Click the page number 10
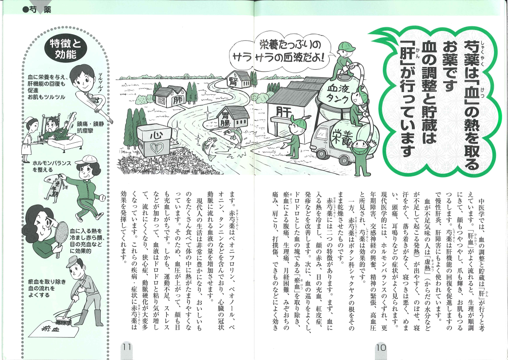(x=381, y=348)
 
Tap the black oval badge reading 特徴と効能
(x=66, y=49)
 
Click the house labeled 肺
(x=169, y=97)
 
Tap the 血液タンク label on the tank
(x=339, y=93)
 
